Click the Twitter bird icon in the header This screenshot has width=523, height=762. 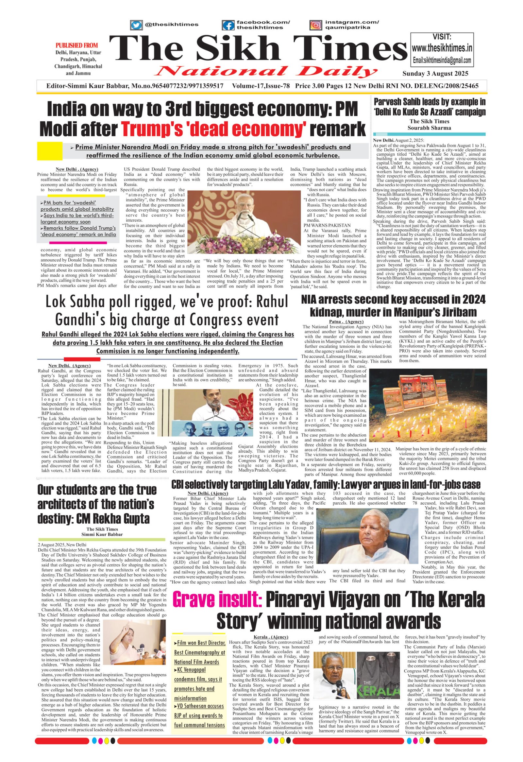[136, 25]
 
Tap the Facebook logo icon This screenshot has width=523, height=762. [228, 25]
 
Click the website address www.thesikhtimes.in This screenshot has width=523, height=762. [442, 48]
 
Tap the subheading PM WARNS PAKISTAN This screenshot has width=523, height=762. [327, 225]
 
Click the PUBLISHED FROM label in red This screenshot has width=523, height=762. [77, 45]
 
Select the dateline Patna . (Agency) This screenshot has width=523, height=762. [346, 322]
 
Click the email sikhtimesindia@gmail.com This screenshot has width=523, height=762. [442, 60]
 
